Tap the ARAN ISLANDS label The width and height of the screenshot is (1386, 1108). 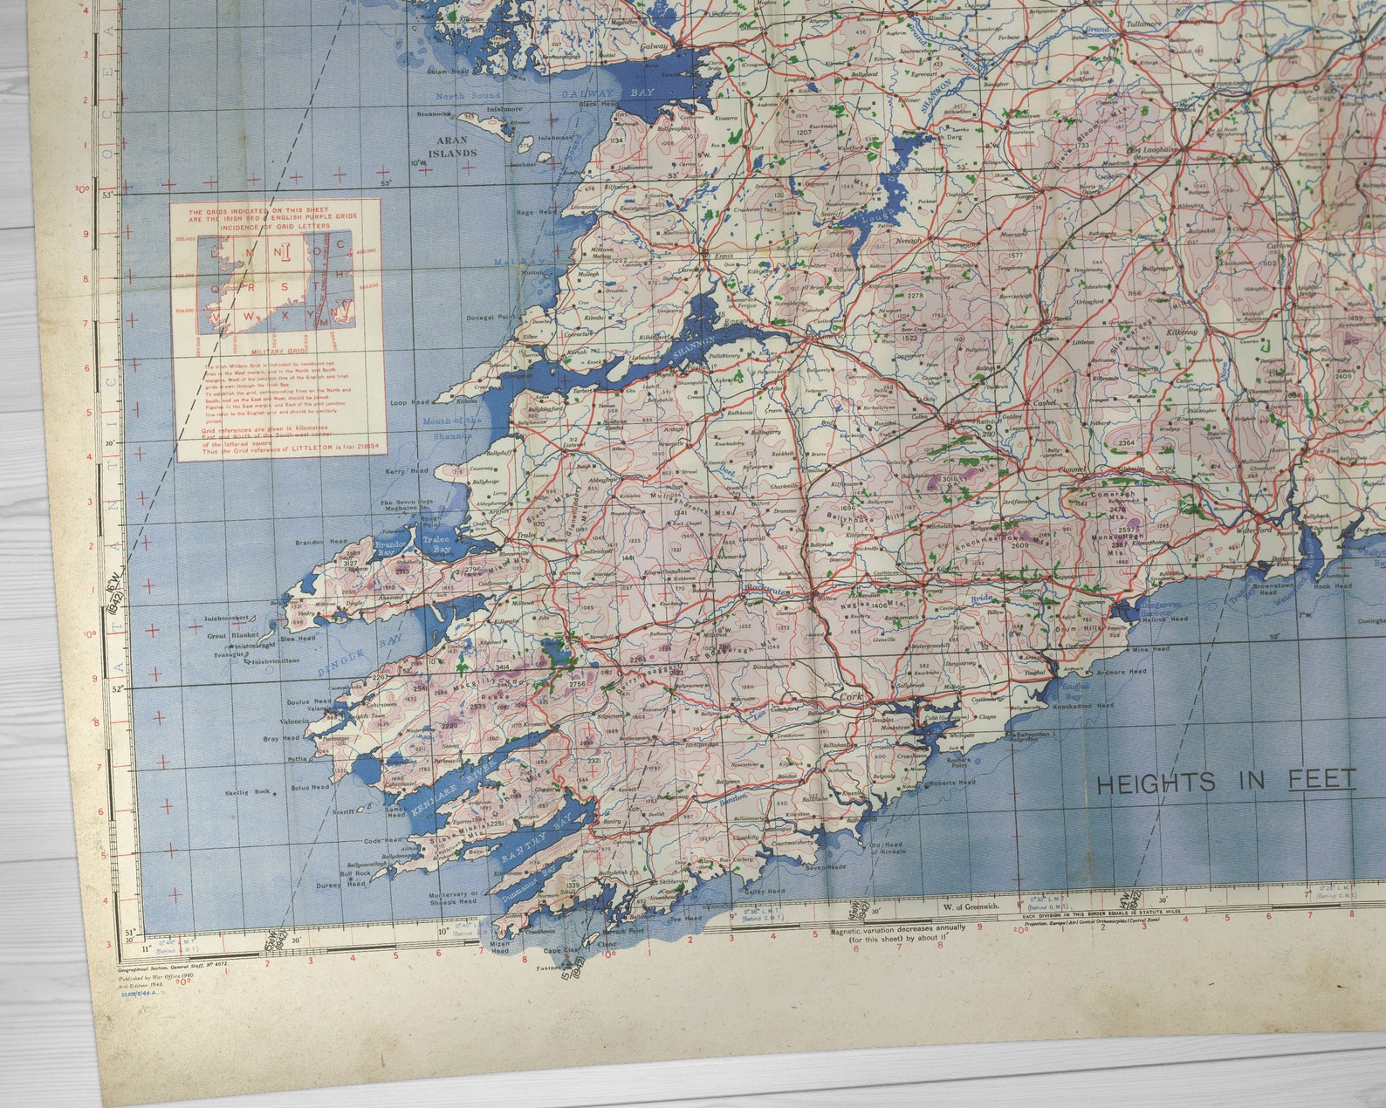click(x=451, y=146)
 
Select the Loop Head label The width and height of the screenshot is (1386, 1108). click(x=409, y=402)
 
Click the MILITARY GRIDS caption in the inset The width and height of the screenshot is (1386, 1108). click(x=274, y=352)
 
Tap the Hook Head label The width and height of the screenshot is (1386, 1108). click(x=1333, y=586)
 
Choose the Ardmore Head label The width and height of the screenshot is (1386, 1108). click(x=1144, y=672)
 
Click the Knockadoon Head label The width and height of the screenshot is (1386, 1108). click(x=1083, y=705)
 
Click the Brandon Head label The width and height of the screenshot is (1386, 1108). click(x=321, y=542)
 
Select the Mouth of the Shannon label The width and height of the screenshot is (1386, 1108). click(x=452, y=427)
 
